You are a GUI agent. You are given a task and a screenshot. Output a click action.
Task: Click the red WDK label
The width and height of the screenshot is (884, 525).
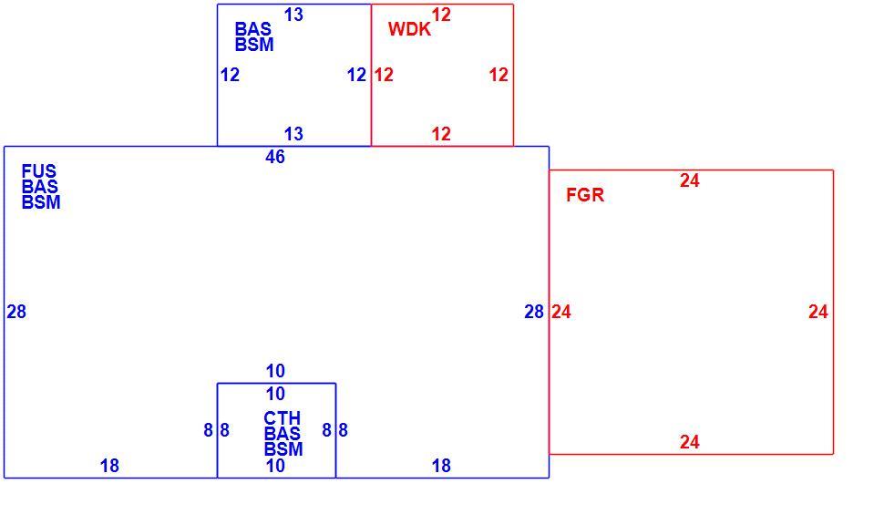409,29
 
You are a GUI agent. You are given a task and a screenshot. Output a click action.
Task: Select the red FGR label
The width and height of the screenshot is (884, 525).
585,195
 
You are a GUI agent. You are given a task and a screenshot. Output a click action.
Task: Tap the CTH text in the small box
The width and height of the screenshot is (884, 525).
282,418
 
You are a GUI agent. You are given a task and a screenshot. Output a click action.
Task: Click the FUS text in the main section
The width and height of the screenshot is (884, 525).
39,170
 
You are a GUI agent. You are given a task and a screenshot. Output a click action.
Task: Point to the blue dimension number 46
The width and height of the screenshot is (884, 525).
275,157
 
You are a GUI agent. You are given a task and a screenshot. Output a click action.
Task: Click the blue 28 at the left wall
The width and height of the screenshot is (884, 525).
16,312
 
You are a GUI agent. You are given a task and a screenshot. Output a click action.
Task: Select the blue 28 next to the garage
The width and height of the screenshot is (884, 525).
534,312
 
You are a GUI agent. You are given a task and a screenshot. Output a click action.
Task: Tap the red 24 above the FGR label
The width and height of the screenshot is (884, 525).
690,180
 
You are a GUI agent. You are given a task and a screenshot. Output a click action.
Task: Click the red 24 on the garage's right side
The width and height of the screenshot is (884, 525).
818,312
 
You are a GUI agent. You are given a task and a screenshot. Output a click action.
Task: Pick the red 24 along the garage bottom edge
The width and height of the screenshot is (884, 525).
690,441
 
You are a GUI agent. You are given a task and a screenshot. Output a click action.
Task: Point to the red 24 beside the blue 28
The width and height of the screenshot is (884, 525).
561,312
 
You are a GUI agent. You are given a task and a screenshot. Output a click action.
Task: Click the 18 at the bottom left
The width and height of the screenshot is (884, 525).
109,466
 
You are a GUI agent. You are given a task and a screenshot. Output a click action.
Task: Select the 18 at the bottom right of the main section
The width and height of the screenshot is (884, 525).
441,466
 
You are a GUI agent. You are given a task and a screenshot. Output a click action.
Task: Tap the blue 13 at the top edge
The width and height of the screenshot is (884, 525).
293,15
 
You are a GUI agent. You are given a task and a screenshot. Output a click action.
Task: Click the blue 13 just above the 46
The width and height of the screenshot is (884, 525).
293,134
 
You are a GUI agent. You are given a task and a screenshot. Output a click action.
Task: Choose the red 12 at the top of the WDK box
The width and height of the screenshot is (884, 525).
441,15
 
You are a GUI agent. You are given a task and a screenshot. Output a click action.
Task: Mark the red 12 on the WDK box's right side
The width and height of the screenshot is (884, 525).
499,75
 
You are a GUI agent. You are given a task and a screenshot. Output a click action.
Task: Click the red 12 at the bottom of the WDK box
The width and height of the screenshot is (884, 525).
441,134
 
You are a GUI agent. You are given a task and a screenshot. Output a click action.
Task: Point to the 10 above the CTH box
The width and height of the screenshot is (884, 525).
275,371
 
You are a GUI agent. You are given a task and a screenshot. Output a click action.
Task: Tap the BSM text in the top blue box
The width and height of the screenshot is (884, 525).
254,45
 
